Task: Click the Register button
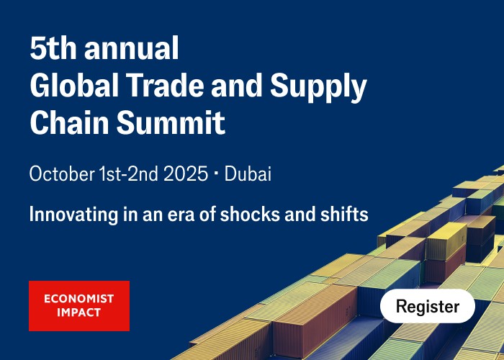coord(427,306)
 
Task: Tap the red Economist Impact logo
coord(79,306)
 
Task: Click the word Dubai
coord(248,174)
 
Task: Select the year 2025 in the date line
coord(186,174)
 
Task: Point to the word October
coord(62,174)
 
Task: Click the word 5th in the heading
coord(52,48)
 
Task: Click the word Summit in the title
coord(171,122)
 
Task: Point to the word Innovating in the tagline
coord(73,215)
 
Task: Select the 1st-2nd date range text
coord(128,174)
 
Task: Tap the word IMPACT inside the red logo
coord(79,312)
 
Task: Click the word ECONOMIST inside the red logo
coord(79,299)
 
